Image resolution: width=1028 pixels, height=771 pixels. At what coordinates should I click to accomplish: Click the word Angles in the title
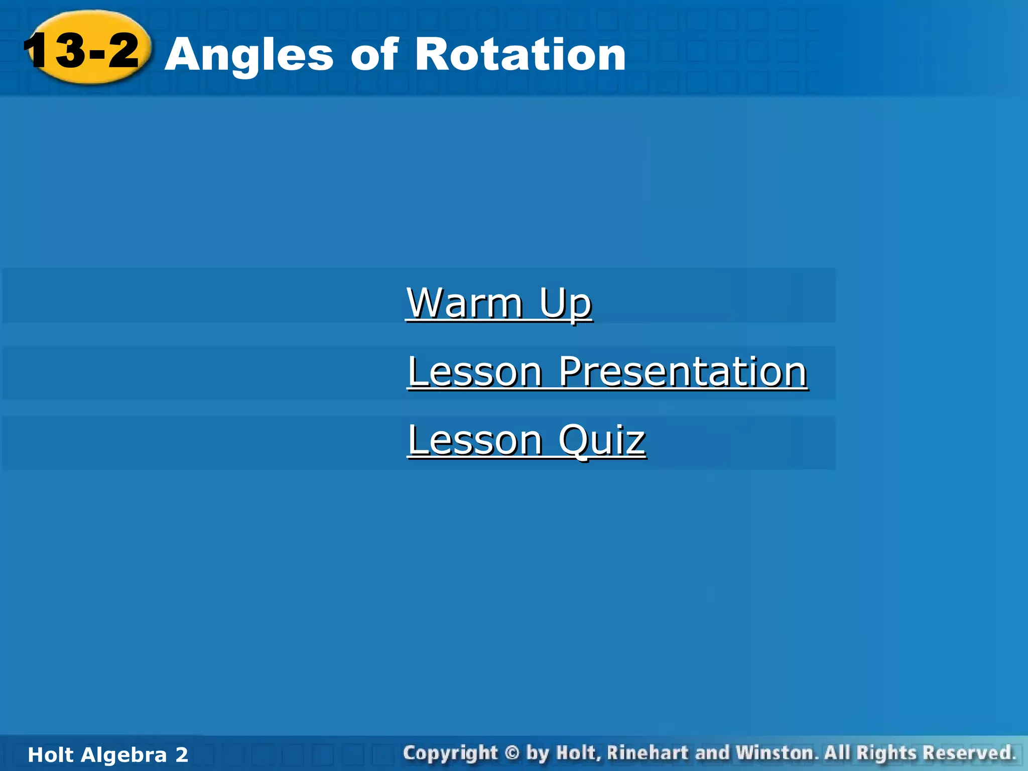coord(249,55)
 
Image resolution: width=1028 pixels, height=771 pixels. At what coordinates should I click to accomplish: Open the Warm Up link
coord(499,303)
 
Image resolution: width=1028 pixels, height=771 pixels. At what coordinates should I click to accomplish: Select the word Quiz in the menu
coord(601,440)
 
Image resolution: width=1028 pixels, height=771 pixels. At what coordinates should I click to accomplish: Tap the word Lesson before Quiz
coord(475,440)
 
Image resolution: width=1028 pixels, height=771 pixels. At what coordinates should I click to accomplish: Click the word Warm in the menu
coord(465,303)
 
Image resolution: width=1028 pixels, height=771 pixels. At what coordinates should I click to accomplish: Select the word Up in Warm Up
coord(566,304)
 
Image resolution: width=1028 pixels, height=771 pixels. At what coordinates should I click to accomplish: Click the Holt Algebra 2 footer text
coord(107,755)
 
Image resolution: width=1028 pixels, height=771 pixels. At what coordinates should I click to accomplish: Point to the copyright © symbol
coord(511,753)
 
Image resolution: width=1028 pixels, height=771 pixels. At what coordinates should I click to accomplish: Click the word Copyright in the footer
coord(450,753)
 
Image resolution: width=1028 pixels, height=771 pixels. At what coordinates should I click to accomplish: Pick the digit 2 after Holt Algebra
coord(181,755)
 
